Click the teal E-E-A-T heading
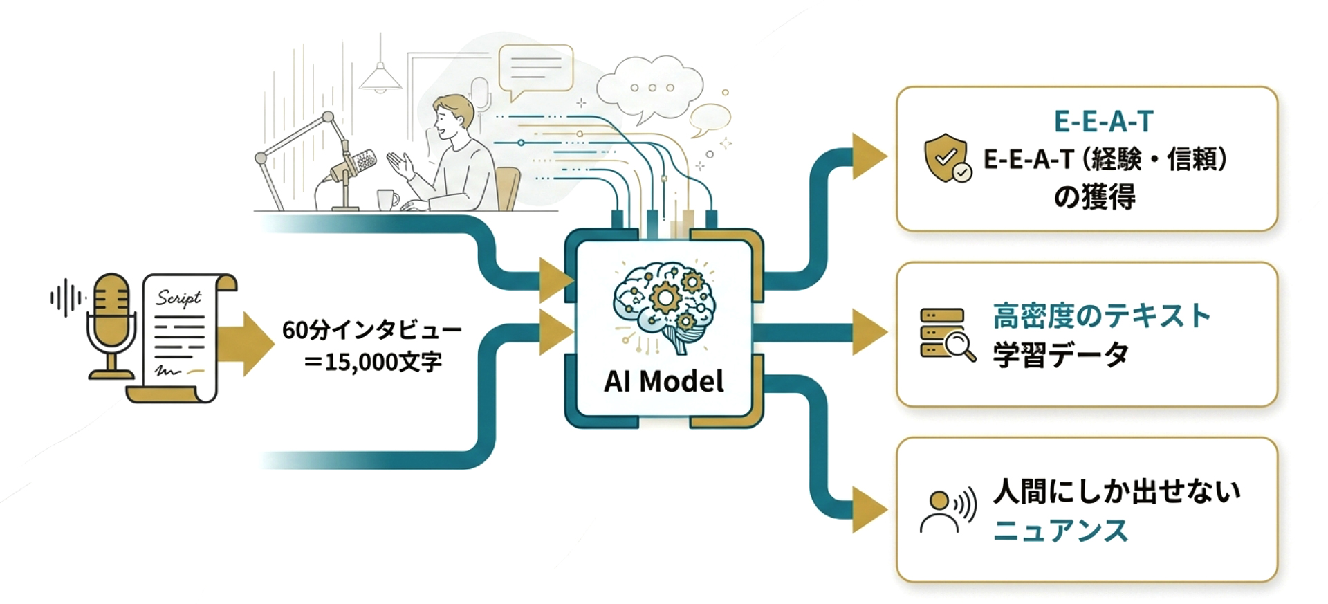1103,122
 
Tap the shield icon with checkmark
946,158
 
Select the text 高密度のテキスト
1101,316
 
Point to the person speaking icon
947,511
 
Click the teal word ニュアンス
1060,531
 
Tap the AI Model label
663,381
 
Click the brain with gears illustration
665,303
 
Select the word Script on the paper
178,298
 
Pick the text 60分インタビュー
372,330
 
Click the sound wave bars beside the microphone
66,298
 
